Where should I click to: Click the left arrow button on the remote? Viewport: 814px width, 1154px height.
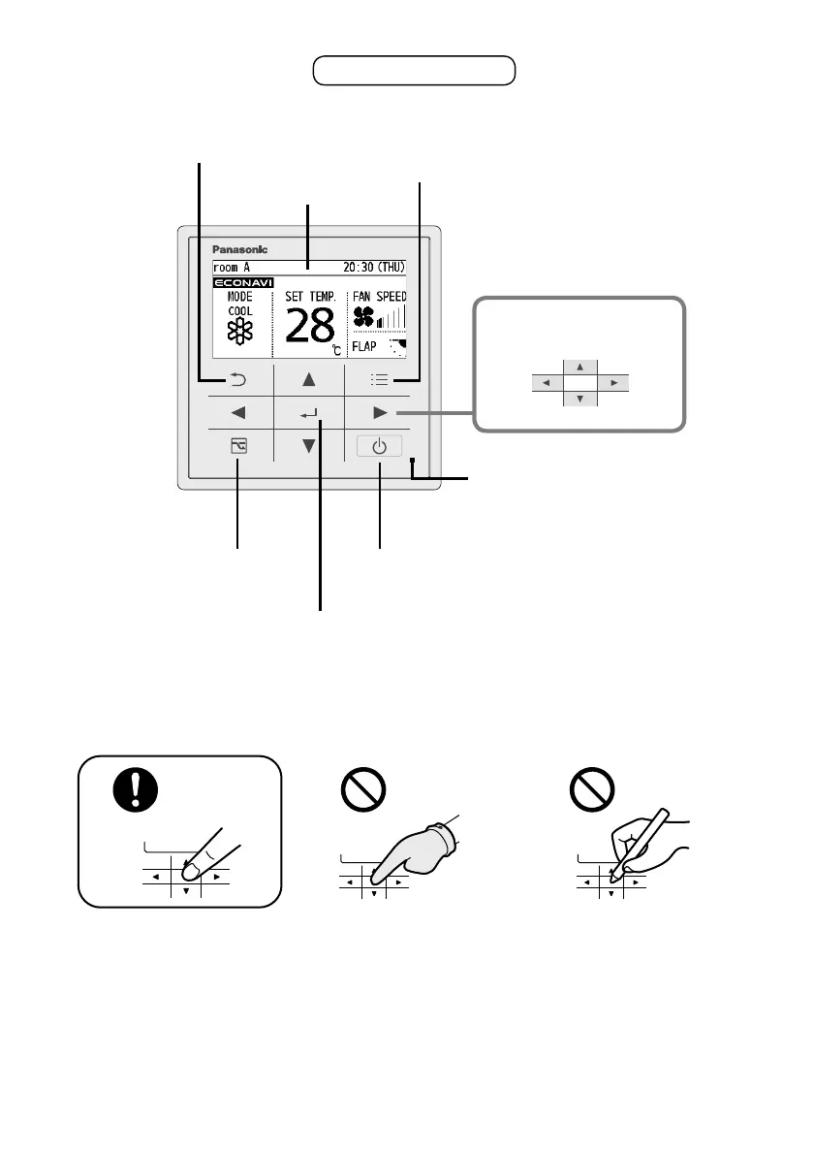(x=239, y=413)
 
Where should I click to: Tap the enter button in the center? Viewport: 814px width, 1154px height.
(x=309, y=414)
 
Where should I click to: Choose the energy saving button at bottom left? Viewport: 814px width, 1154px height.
(x=239, y=447)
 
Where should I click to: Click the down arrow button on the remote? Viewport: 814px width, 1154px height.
(x=309, y=447)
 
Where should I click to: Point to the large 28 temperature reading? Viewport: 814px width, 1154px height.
(x=310, y=327)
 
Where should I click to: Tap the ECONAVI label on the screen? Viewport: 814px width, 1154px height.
(x=242, y=282)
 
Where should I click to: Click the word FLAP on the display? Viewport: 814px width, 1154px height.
(x=366, y=346)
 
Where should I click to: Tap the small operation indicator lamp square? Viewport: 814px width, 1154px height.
(x=413, y=461)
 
